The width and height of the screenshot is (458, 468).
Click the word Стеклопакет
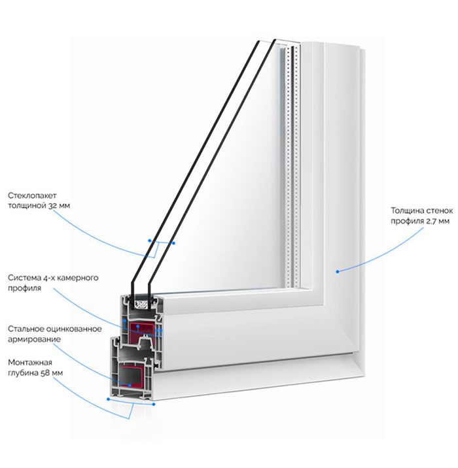click(32, 195)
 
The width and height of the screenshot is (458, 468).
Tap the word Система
click(24, 278)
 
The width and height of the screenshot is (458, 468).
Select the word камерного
click(77, 278)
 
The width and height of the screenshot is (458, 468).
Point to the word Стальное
click(26, 329)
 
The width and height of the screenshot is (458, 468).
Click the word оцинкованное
click(74, 329)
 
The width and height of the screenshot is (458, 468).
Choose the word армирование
click(35, 339)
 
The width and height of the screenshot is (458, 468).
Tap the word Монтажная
click(30, 362)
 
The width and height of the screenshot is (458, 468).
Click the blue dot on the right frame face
click(338, 272)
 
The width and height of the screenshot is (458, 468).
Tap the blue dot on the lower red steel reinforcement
click(130, 386)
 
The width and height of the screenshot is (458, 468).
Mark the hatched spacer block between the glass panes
click(141, 305)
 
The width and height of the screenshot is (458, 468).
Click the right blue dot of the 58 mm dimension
click(154, 404)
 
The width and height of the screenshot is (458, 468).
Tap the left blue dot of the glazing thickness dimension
click(150, 241)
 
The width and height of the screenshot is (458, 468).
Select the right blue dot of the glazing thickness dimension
click(174, 243)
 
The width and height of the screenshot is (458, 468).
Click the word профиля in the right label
click(406, 222)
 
